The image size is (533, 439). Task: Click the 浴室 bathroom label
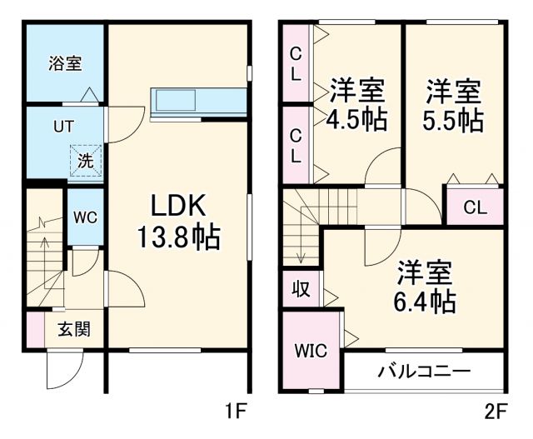click(64, 62)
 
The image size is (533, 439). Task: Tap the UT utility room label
click(63, 127)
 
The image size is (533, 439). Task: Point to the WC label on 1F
click(85, 217)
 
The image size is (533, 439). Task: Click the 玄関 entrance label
click(73, 328)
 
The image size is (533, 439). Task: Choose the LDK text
click(177, 205)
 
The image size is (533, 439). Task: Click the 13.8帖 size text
click(178, 239)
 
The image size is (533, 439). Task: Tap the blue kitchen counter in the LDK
click(199, 101)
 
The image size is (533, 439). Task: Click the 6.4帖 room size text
click(425, 299)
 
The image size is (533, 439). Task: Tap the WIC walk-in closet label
click(309, 350)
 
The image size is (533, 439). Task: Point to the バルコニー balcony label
click(424, 371)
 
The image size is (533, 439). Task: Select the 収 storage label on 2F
click(300, 289)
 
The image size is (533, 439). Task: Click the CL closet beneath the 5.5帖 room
click(475, 207)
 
